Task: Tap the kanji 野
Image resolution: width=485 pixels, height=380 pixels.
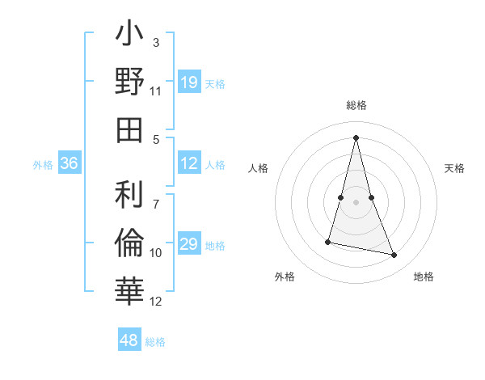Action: click(x=130, y=82)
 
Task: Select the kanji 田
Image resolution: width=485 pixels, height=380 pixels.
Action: click(x=130, y=130)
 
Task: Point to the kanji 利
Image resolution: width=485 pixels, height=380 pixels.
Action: click(x=130, y=193)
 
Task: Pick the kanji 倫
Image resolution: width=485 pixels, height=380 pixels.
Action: click(x=130, y=241)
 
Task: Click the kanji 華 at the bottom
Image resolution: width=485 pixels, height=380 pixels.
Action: click(x=130, y=289)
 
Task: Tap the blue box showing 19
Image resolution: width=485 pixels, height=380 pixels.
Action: click(x=188, y=82)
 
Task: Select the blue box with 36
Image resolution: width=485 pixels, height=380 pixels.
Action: click(x=69, y=163)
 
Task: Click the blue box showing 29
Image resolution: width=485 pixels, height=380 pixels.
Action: click(x=188, y=244)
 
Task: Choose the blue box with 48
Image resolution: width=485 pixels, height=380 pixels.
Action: click(x=129, y=340)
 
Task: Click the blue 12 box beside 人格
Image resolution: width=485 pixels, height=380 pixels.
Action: click(x=188, y=163)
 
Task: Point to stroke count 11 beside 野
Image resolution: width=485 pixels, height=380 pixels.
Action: click(x=156, y=91)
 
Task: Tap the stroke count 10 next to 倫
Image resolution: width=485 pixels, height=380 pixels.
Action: click(x=156, y=253)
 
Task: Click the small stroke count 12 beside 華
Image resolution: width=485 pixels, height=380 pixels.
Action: click(x=156, y=302)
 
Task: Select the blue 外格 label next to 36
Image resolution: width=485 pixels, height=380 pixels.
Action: click(x=43, y=164)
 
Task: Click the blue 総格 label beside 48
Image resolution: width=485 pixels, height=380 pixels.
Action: click(x=155, y=342)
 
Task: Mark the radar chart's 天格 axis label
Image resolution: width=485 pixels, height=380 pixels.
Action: click(x=454, y=168)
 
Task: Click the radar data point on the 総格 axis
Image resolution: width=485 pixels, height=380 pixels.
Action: click(x=356, y=137)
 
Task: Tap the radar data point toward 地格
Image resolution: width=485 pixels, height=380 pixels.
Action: click(x=394, y=255)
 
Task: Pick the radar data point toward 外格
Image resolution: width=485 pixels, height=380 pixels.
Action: click(x=328, y=242)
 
